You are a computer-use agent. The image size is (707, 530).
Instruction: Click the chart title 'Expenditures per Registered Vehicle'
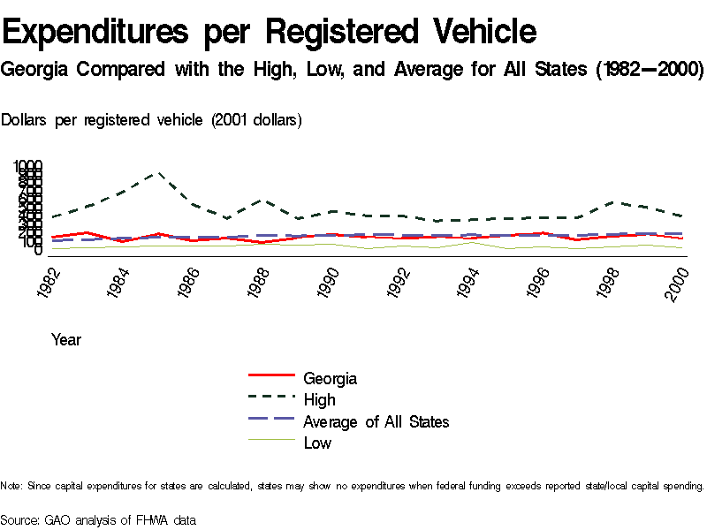click(x=270, y=33)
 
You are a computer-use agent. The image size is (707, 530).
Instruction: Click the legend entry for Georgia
click(x=330, y=379)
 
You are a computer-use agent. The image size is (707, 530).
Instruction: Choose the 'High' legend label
click(x=319, y=400)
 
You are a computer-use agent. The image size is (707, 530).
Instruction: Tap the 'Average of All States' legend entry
click(x=376, y=421)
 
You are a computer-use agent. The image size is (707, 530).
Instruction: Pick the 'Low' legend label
click(x=317, y=443)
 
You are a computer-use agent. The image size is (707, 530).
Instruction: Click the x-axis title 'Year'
click(x=66, y=339)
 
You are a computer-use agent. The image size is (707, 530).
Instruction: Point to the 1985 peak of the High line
click(x=159, y=173)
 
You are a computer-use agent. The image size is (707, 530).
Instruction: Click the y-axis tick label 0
click(x=38, y=251)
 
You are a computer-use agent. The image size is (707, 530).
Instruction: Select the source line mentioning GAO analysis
click(x=98, y=519)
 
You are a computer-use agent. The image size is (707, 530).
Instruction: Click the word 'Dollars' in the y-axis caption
click(x=26, y=120)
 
